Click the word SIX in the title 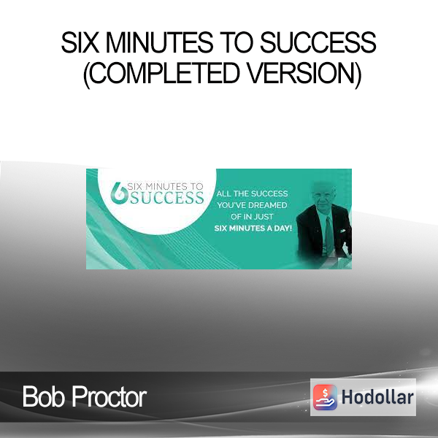click(x=80, y=42)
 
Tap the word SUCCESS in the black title click(x=318, y=42)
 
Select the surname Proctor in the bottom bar click(x=109, y=396)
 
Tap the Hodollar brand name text click(x=377, y=397)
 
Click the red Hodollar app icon click(x=325, y=397)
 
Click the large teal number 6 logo click(x=119, y=193)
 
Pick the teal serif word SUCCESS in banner click(x=167, y=198)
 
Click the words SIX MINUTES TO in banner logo click(x=165, y=186)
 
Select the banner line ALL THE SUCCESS click(x=253, y=193)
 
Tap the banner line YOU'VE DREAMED click(x=253, y=205)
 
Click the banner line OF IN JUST click(x=252, y=217)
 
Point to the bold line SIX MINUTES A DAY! click(x=253, y=228)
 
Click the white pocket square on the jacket click(x=342, y=231)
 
